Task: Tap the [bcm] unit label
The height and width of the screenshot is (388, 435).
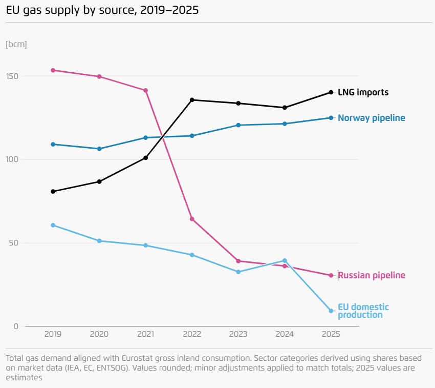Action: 16,44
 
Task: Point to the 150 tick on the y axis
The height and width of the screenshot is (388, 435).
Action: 12,76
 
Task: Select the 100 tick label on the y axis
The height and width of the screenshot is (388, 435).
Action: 12,159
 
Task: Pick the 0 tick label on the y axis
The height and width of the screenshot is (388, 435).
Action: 16,326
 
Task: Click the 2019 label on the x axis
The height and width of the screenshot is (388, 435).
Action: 53,334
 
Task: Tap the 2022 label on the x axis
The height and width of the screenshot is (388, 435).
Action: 192,334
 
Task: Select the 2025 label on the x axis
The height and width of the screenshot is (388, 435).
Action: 331,334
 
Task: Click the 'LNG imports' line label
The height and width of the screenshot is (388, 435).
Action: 363,93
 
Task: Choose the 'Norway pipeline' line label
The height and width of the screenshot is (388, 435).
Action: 371,118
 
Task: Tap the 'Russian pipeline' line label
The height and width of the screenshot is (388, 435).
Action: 372,276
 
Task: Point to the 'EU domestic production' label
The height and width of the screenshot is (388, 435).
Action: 363,311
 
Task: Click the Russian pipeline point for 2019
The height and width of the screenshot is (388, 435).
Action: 53,70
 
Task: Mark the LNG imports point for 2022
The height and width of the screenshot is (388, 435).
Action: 192,100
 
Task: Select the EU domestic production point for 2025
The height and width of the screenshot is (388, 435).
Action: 331,311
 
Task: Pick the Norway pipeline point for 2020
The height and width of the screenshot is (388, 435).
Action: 99,149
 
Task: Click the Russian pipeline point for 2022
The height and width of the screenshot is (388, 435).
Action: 192,219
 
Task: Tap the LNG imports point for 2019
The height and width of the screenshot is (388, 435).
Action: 53,192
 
